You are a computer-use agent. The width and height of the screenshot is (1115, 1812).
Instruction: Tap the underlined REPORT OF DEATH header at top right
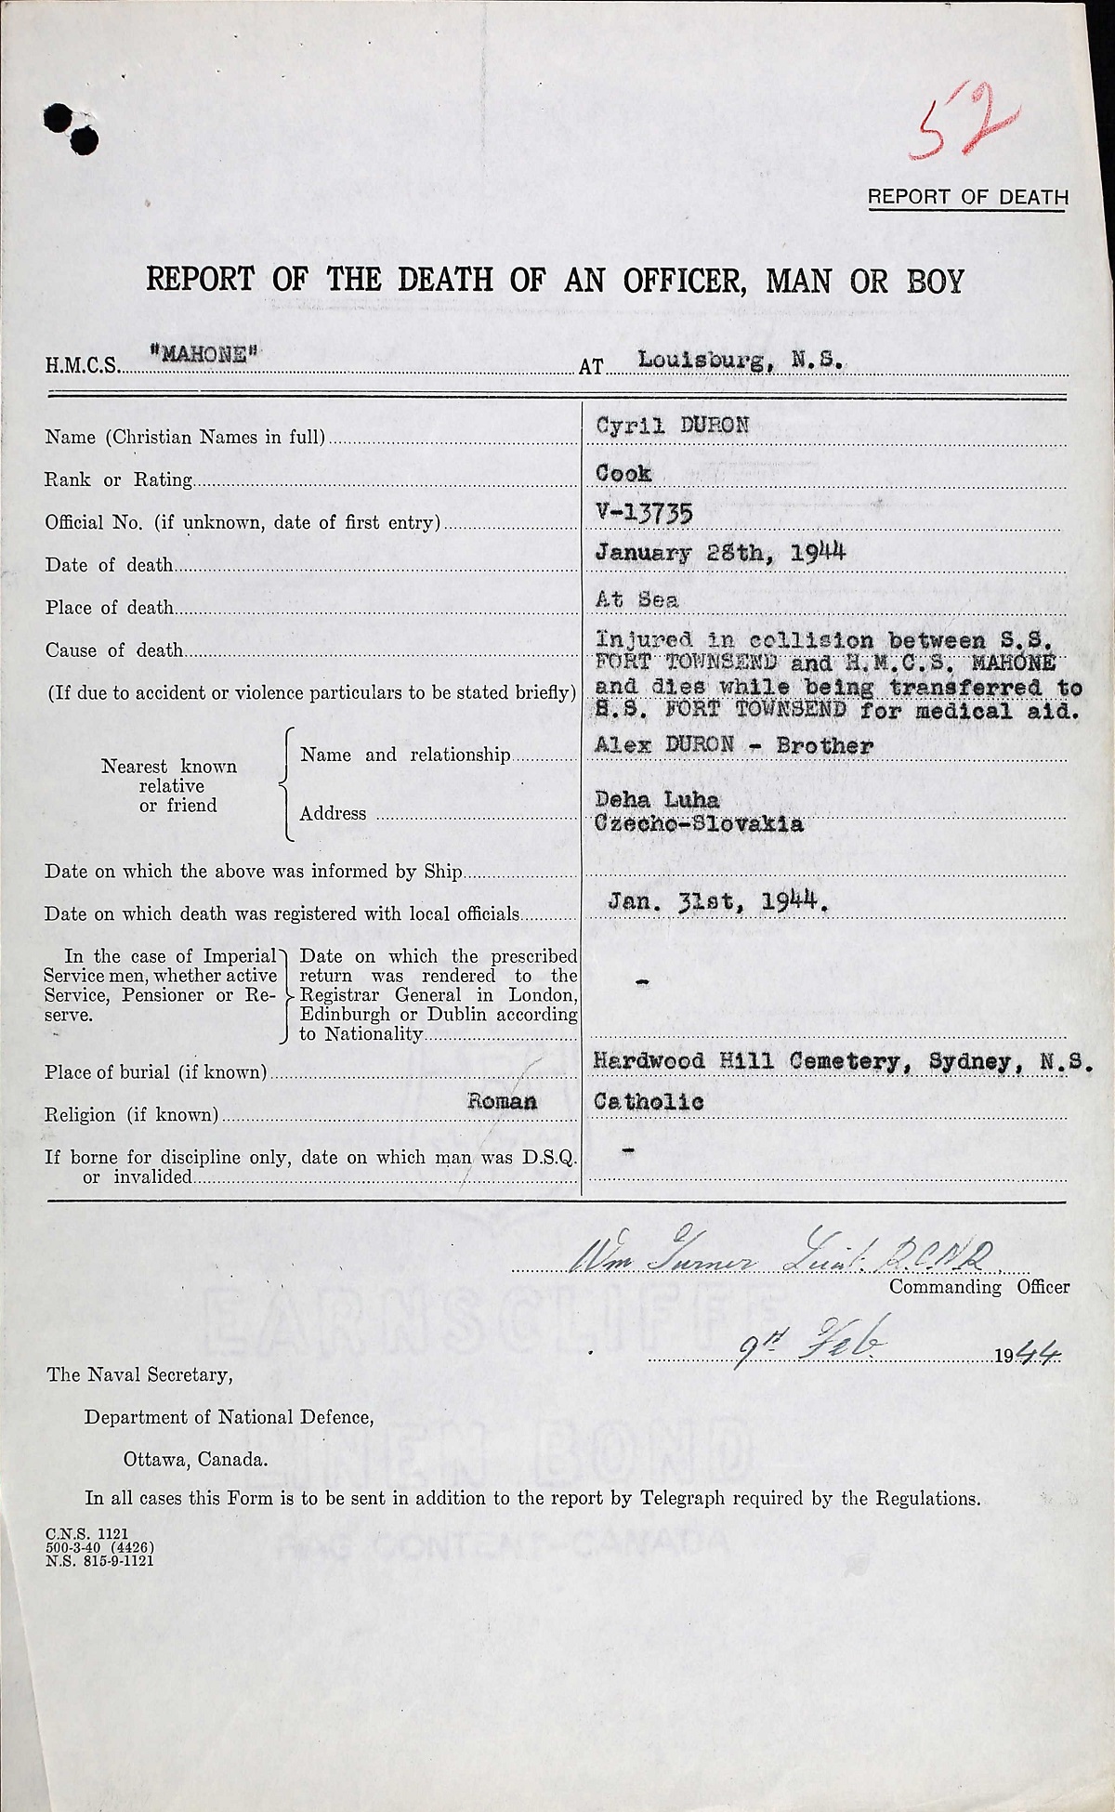coord(967,197)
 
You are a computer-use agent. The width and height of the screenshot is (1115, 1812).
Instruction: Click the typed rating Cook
coord(623,473)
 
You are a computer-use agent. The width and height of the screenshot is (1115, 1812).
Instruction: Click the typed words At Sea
coord(636,599)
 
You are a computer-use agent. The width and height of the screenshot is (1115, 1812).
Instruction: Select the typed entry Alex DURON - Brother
coord(734,746)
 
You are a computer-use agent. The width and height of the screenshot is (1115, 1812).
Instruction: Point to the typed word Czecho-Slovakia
coord(699,823)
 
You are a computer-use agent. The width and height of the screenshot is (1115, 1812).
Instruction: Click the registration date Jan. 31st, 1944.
coord(717,900)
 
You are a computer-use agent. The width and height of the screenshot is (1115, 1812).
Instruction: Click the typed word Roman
coord(502,1102)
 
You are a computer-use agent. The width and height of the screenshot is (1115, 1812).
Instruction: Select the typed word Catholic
coord(649,1102)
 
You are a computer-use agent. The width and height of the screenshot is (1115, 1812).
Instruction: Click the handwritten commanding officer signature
coord(780,1258)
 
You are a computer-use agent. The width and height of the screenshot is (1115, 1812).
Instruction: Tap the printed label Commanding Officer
coord(979,1287)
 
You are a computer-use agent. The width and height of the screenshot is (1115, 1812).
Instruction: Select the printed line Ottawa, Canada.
coord(196,1459)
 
